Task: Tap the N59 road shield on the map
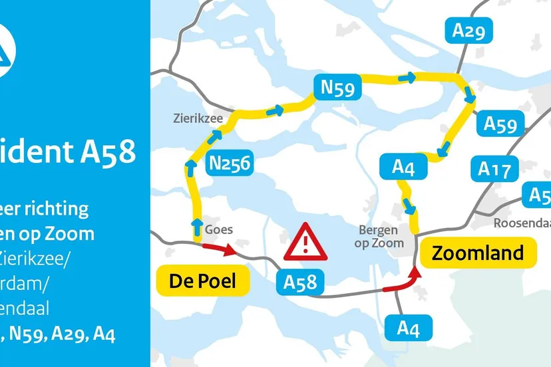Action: point(337,86)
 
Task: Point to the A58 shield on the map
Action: point(300,283)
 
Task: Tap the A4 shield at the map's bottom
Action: point(409,328)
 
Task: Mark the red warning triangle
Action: point(305,243)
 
